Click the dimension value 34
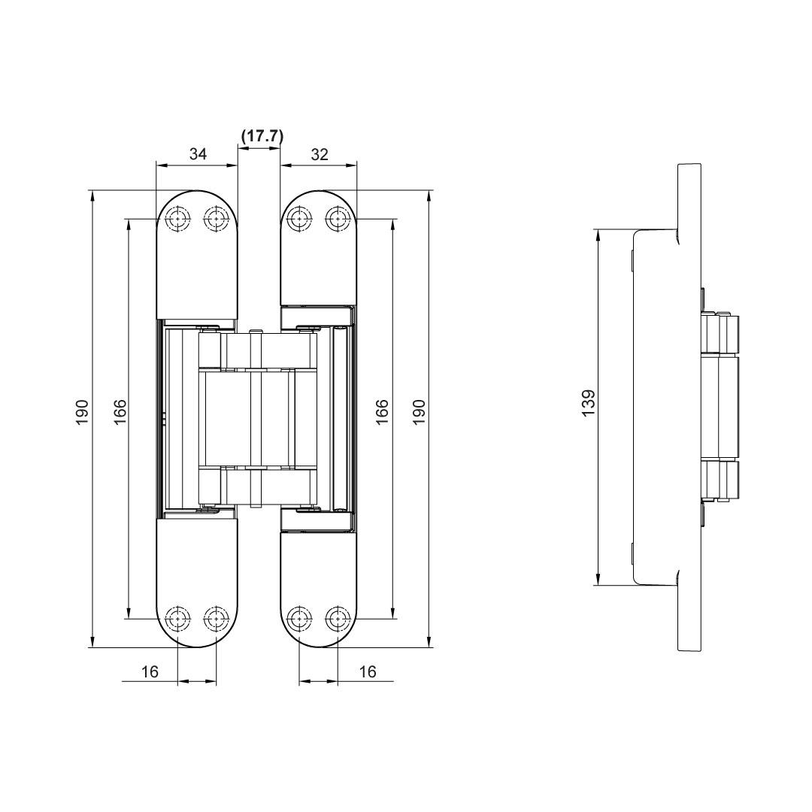pyautogui.click(x=198, y=154)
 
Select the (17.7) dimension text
pyautogui.click(x=262, y=137)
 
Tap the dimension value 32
pyautogui.click(x=320, y=154)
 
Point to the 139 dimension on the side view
pyautogui.click(x=588, y=403)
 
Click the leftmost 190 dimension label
pyautogui.click(x=83, y=412)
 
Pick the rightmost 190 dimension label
pyautogui.click(x=419, y=412)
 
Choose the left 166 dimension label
pyautogui.click(x=120, y=412)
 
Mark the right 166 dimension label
pyautogui.click(x=382, y=412)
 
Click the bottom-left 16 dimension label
pyautogui.click(x=150, y=671)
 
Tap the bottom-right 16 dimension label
pyautogui.click(x=367, y=671)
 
